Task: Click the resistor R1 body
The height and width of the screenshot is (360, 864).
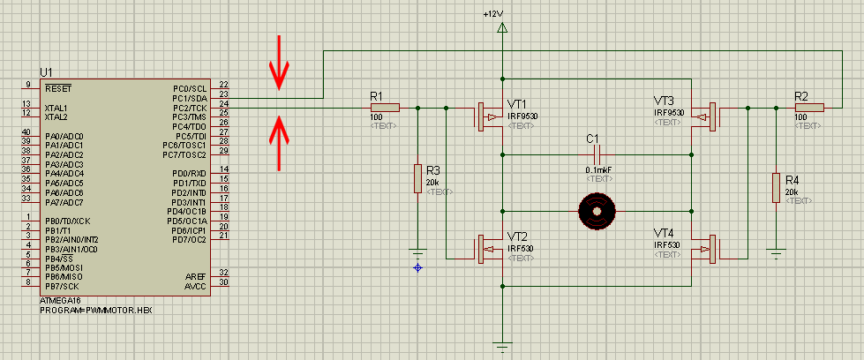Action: pos(385,108)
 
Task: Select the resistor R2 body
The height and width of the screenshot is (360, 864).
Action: pos(809,108)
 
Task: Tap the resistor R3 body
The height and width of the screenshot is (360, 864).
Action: pos(417,179)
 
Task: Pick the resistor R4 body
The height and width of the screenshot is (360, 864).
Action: pos(776,187)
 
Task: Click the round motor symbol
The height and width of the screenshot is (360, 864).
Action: pos(596,212)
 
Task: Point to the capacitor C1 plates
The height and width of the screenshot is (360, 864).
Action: pos(597,154)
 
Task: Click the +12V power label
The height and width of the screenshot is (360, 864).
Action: pos(492,14)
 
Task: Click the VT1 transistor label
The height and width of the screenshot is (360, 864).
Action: pos(516,103)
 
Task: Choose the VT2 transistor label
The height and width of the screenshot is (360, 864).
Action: pos(518,236)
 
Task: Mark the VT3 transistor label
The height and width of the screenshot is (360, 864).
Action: pos(664,101)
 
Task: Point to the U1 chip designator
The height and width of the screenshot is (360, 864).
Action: pos(47,71)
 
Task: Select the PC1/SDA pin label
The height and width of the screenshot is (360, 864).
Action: pos(190,98)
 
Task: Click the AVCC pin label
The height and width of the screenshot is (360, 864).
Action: pos(196,285)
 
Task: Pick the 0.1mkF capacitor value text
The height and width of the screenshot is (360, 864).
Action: pos(598,169)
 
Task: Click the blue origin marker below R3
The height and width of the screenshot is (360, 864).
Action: pos(417,267)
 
